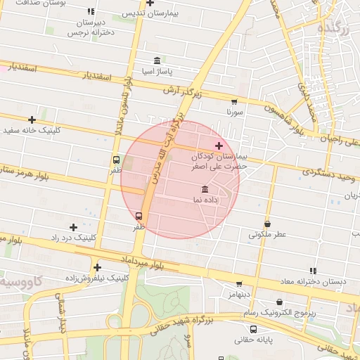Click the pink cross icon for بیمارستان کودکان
(x=219, y=146)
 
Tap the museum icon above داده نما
(x=205, y=189)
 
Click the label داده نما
(x=204, y=200)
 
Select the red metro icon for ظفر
(x=138, y=216)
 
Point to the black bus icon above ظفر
(x=116, y=160)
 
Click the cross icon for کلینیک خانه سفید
(x=32, y=120)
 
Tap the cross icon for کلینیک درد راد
(x=73, y=227)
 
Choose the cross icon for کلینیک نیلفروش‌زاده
(x=97, y=266)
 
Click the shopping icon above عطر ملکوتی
(x=267, y=224)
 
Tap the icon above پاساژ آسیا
(x=156, y=60)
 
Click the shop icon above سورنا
(x=234, y=101)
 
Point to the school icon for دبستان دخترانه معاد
(x=313, y=271)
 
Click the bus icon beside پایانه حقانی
(x=253, y=329)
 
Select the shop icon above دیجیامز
(x=239, y=284)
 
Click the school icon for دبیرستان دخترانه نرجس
(x=91, y=12)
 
